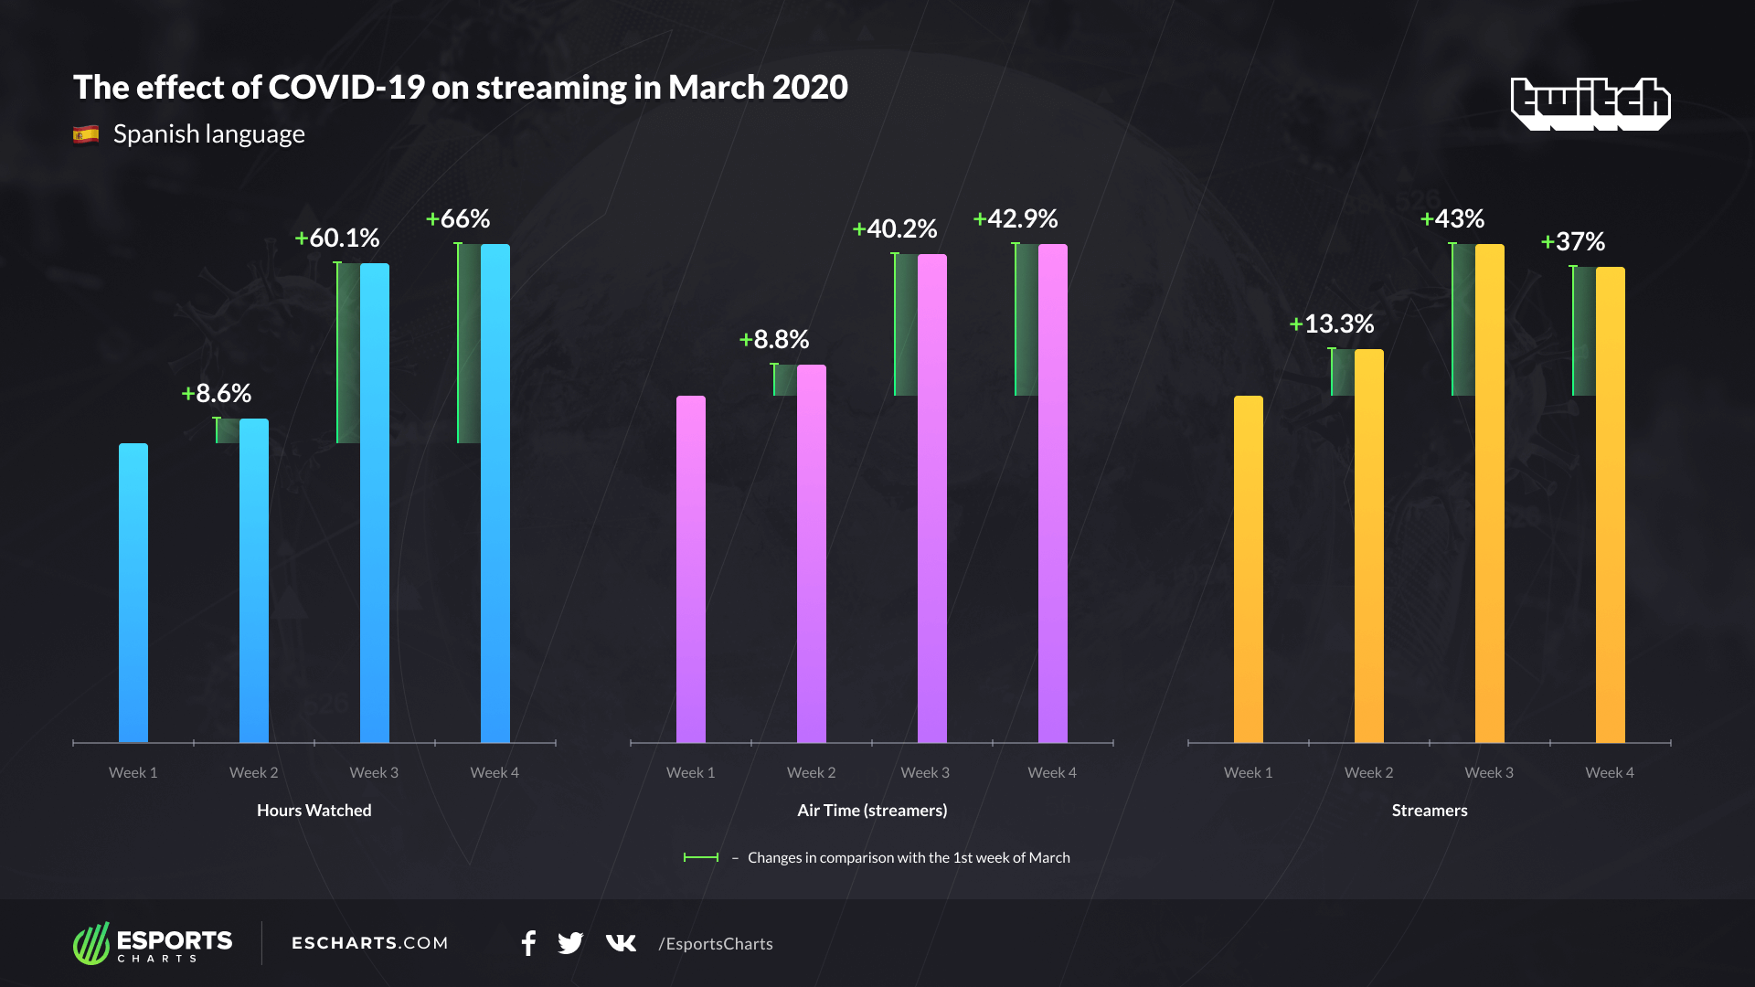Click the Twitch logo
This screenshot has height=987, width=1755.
click(x=1590, y=103)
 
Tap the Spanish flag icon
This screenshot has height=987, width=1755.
click(x=86, y=135)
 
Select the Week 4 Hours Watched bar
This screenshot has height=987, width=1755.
click(x=495, y=493)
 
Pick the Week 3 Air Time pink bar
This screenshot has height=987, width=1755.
click(x=931, y=498)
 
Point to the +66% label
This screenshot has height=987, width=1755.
click(x=458, y=219)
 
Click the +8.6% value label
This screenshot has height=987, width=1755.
click(x=217, y=394)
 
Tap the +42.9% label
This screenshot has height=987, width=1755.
click(x=1016, y=219)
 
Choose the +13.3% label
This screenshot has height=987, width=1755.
click(x=1332, y=324)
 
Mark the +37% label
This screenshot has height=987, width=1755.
click(x=1573, y=242)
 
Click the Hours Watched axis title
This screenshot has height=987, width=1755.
click(x=314, y=811)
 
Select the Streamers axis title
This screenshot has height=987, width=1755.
click(x=1430, y=811)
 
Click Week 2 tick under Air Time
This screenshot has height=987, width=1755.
click(x=811, y=773)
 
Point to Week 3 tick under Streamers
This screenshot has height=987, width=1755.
click(x=1489, y=773)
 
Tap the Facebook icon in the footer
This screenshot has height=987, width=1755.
click(x=528, y=943)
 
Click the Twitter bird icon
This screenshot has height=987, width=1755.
click(x=570, y=943)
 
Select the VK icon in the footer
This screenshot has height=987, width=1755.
click(x=621, y=943)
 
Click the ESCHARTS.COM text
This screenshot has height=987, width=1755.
click(x=370, y=943)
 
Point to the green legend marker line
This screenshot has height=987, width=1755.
click(x=701, y=857)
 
